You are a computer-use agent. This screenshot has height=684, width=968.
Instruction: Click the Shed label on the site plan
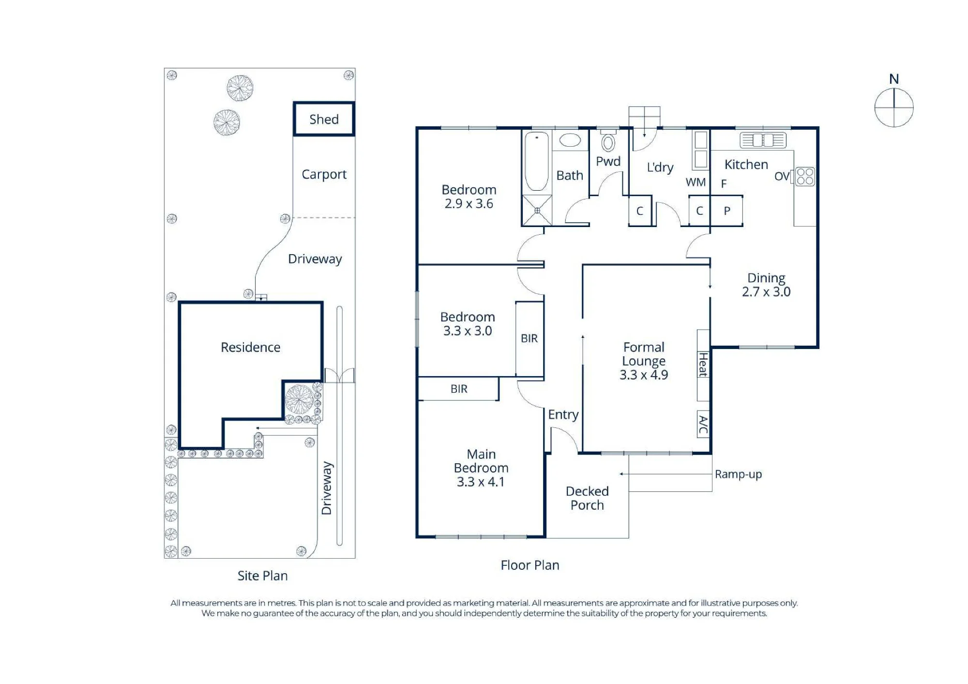324,119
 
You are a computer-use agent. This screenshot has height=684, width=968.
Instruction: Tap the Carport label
324,174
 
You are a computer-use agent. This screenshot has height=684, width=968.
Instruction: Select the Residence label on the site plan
250,347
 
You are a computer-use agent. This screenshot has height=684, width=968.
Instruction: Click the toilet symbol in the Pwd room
608,141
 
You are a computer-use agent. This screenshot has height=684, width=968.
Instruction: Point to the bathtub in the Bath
537,162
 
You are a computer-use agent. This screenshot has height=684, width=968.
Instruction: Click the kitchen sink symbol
763,140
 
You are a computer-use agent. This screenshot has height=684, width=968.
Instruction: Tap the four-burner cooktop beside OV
805,177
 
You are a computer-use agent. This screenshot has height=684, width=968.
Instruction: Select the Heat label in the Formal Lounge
703,365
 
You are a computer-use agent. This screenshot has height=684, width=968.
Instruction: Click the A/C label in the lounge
703,425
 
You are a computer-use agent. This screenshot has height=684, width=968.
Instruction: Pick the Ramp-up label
738,474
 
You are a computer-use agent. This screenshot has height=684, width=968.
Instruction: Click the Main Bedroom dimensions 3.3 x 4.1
481,482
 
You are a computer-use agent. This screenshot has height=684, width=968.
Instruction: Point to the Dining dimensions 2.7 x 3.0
766,292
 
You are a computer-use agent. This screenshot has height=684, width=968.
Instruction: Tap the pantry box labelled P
726,211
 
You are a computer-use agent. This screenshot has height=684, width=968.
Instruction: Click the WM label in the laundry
696,182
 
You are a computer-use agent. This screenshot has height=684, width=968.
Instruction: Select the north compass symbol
894,107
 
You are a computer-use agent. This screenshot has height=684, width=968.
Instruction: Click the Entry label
563,415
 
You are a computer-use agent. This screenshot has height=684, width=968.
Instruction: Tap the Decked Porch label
587,498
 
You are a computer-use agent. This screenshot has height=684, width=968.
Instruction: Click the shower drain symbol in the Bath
537,211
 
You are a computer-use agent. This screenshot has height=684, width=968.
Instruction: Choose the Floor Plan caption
530,565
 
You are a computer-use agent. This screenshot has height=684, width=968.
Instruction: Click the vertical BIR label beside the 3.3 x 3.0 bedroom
529,338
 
